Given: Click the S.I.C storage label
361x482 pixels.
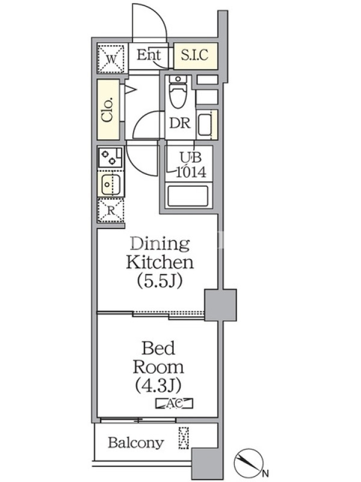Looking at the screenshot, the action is tap(194, 55).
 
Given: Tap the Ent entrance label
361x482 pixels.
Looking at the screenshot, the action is tap(149, 55).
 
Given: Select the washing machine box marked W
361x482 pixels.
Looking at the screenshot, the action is tap(111, 58).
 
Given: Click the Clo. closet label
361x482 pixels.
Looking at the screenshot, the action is tap(108, 110).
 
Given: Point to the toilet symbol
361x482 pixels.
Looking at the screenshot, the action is tap(178, 92).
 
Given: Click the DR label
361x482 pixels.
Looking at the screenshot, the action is tap(180, 124).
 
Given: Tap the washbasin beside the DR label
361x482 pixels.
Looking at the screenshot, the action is tap(205, 125).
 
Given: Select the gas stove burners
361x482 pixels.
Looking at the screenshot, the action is tap(110, 157).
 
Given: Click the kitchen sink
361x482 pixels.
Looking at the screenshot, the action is tap(111, 184).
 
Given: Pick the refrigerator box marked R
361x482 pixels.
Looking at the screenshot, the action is tap(111, 210).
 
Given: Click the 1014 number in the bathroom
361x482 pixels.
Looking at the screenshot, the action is tap(191, 172).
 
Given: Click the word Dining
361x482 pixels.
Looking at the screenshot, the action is tap(160, 244).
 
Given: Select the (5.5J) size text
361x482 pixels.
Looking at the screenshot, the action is tap(159, 281).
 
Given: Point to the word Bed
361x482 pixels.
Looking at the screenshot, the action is tap(158, 348).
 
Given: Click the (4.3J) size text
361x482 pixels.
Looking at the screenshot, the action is tap(158, 385).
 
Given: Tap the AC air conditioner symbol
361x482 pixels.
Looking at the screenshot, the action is tap(174, 403).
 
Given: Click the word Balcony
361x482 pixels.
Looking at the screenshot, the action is tap(136, 443).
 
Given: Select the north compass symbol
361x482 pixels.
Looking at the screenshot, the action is tap(248, 462).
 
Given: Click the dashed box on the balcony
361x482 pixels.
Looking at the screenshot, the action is tap(184, 438).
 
